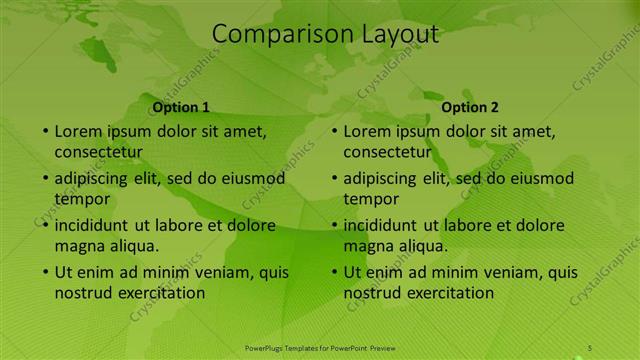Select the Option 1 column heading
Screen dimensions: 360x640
(181, 107)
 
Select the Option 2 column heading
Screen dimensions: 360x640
(470, 107)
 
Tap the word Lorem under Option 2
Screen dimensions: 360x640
(368, 131)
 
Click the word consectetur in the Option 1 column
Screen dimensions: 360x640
(98, 152)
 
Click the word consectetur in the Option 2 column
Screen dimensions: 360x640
(387, 152)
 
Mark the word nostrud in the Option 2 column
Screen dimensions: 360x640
(373, 293)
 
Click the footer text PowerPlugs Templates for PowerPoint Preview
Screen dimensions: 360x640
(320, 347)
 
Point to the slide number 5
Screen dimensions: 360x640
(590, 347)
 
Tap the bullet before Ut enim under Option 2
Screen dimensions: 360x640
(334, 272)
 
